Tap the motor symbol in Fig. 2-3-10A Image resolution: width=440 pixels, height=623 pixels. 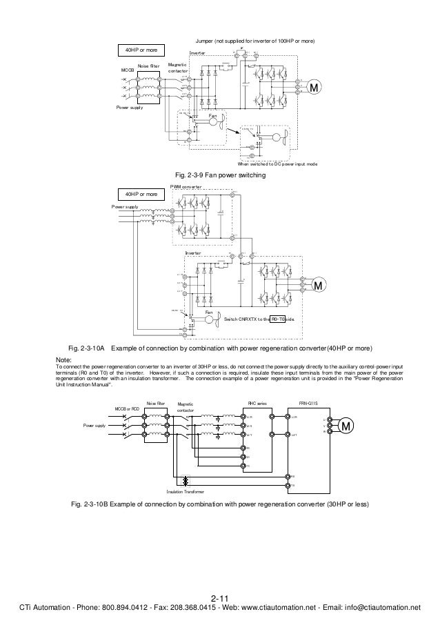(319, 285)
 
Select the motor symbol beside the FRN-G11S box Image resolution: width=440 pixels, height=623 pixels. (347, 426)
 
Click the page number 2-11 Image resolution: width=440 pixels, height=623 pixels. (219, 597)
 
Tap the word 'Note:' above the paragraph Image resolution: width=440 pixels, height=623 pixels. (63, 360)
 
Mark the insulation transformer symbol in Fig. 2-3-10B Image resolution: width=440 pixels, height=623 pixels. (185, 481)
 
